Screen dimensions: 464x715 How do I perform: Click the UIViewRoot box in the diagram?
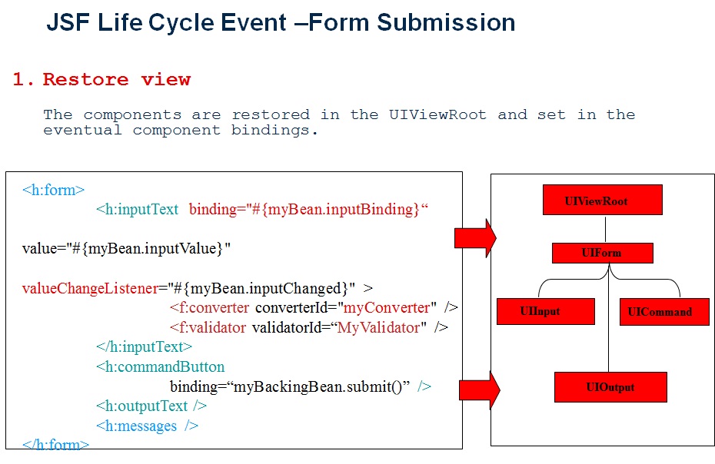pyautogui.click(x=602, y=201)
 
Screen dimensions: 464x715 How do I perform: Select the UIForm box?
pyautogui.click(x=602, y=253)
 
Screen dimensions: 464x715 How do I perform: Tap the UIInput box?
pyautogui.click(x=546, y=311)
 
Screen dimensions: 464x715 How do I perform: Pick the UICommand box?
pyautogui.click(x=664, y=312)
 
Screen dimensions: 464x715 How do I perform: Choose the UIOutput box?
pyautogui.click(x=610, y=387)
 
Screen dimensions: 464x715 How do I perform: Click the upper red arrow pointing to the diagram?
pyautogui.click(x=475, y=238)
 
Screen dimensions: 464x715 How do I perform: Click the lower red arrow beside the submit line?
pyautogui.click(x=477, y=389)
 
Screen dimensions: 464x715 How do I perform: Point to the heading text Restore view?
pyautogui.click(x=116, y=80)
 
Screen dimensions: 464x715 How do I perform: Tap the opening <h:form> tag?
pyautogui.click(x=53, y=190)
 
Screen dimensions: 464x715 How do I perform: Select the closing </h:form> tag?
pyautogui.click(x=56, y=444)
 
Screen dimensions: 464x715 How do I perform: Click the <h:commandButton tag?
pyautogui.click(x=160, y=366)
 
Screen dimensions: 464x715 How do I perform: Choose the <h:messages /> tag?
pyautogui.click(x=147, y=426)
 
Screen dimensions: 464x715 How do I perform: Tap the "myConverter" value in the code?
pyautogui.click(x=387, y=308)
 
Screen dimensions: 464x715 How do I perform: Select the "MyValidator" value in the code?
pyautogui.click(x=380, y=328)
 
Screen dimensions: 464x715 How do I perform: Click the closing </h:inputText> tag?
pyautogui.click(x=145, y=347)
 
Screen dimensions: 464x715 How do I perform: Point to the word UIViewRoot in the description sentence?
pyautogui.click(x=437, y=114)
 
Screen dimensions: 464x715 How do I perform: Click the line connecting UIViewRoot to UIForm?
pyautogui.click(x=606, y=228)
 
